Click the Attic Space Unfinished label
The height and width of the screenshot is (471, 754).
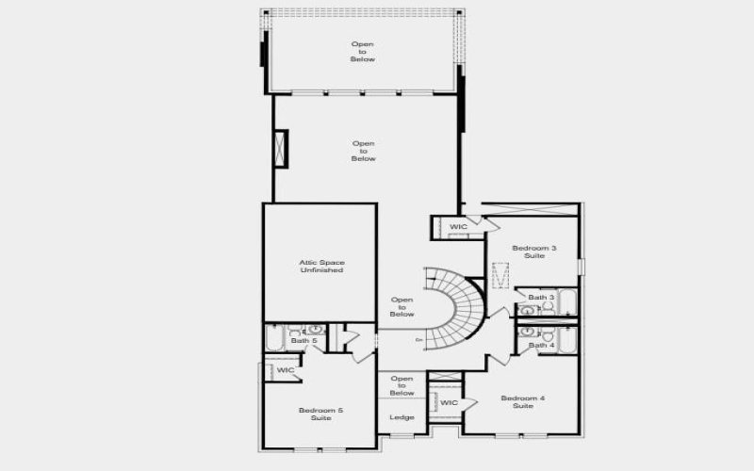coord(321,266)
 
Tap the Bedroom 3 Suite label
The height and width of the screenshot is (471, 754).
coord(534,252)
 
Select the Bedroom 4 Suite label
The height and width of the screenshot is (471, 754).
coord(523,401)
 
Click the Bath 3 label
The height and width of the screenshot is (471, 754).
coord(541,298)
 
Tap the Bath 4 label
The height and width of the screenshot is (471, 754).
coord(541,346)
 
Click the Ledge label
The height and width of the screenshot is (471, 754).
coord(402,417)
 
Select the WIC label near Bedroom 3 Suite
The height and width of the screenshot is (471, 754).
coord(458,227)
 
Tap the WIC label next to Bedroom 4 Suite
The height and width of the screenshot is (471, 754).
coord(450,403)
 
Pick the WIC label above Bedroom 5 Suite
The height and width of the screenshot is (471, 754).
coord(286,370)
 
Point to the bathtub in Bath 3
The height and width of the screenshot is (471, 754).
coord(568,302)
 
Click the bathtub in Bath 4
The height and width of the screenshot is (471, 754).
coord(568,339)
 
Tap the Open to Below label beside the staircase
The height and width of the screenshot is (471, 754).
coord(402,307)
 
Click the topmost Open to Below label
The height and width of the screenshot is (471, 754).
coord(363,51)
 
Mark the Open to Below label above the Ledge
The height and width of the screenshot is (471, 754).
coord(402,385)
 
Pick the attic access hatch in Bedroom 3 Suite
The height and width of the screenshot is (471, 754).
coord(501,277)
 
